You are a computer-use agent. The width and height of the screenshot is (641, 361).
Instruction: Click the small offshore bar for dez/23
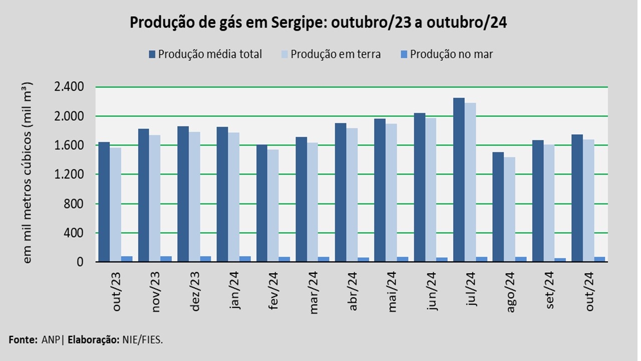point(205,259)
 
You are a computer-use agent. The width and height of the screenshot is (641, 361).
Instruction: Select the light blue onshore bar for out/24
point(588,201)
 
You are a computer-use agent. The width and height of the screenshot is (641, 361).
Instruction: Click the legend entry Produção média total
point(210,54)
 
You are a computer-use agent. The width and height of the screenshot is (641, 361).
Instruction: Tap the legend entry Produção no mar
point(451,54)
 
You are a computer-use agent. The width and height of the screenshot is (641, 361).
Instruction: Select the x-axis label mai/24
point(392,291)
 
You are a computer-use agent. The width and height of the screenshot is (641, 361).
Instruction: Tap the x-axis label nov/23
point(156,291)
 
